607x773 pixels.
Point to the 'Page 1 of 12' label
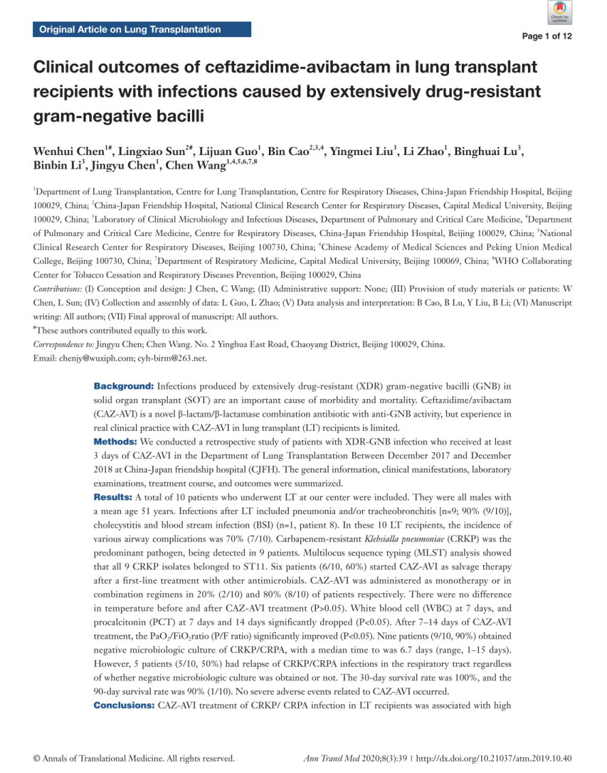coord(547,36)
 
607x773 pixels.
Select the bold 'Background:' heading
coord(124,386)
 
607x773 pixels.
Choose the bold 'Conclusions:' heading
coord(124,705)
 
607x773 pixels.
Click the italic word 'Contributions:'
coord(58,289)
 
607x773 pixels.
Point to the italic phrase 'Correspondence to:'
coord(63,344)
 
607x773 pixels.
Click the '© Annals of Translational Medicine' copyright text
coord(134,759)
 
